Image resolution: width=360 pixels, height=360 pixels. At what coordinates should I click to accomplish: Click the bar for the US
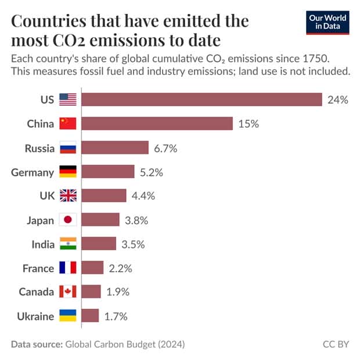[201, 99]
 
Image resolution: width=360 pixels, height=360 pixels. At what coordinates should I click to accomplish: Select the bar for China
[157, 124]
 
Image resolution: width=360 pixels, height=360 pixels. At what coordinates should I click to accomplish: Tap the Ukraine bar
[90, 316]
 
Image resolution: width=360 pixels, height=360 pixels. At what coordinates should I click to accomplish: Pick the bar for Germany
[107, 172]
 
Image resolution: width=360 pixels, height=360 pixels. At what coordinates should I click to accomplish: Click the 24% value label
[337, 99]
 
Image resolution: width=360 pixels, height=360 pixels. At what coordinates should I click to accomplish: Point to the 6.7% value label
[165, 148]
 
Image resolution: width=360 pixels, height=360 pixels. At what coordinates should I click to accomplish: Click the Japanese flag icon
[68, 220]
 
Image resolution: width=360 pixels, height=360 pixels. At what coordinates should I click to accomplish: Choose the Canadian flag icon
[68, 292]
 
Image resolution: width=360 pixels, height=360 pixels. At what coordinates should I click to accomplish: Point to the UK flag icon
[68, 196]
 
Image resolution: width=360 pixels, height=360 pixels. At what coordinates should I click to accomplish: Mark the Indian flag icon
[68, 244]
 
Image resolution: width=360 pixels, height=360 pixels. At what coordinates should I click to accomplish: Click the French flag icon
[68, 268]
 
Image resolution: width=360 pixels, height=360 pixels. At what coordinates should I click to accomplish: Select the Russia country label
[39, 148]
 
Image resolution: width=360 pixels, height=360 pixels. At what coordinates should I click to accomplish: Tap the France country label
[38, 268]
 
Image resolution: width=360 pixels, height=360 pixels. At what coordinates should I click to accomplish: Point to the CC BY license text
[336, 344]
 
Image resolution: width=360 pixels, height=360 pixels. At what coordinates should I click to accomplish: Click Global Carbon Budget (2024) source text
[125, 344]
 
